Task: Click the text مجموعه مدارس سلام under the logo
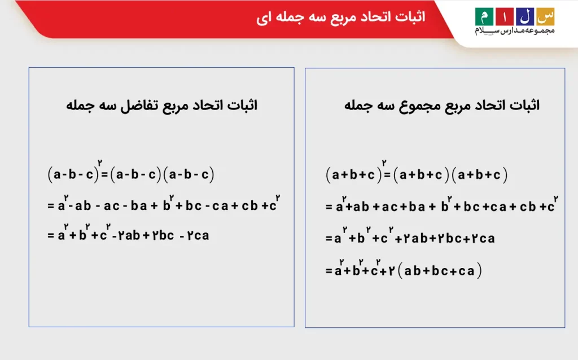pyautogui.click(x=514, y=30)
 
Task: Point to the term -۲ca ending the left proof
pyautogui.click(x=194, y=235)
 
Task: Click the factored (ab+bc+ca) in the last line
pyautogui.click(x=440, y=271)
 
